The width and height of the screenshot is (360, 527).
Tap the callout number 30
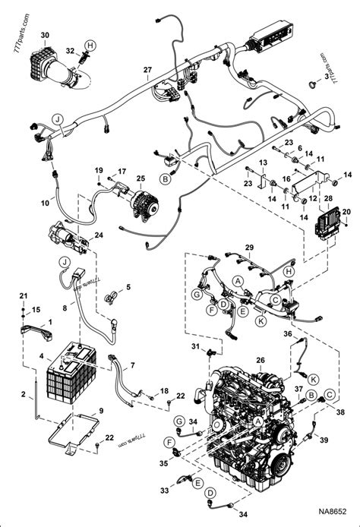point(45,35)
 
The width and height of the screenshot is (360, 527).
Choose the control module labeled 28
point(325,220)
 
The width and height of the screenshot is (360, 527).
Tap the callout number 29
point(249,248)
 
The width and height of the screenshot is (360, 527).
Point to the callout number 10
point(45,204)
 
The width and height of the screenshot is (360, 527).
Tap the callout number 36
point(288,333)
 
